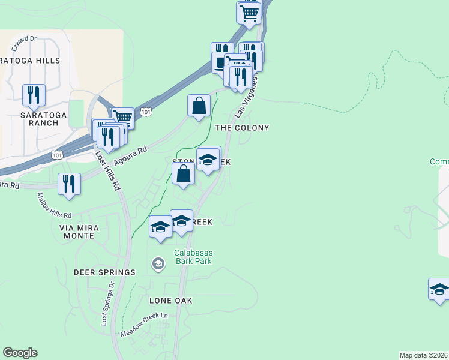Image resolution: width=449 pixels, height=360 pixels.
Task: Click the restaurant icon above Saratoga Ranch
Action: tap(34, 95)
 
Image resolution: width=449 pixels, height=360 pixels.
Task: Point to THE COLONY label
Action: tap(242, 128)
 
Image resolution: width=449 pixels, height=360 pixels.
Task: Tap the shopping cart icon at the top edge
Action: tap(249, 12)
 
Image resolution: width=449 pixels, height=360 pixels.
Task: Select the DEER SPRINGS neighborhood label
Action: tap(104, 272)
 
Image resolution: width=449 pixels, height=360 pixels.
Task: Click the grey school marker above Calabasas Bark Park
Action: tap(158, 263)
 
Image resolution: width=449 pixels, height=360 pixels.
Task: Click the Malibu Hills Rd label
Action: tap(54, 205)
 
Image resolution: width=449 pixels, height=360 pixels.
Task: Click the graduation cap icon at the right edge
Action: tap(439, 289)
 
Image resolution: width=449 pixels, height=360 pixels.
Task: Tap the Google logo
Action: tap(20, 353)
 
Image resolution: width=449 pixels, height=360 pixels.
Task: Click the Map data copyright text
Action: tap(424, 355)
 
